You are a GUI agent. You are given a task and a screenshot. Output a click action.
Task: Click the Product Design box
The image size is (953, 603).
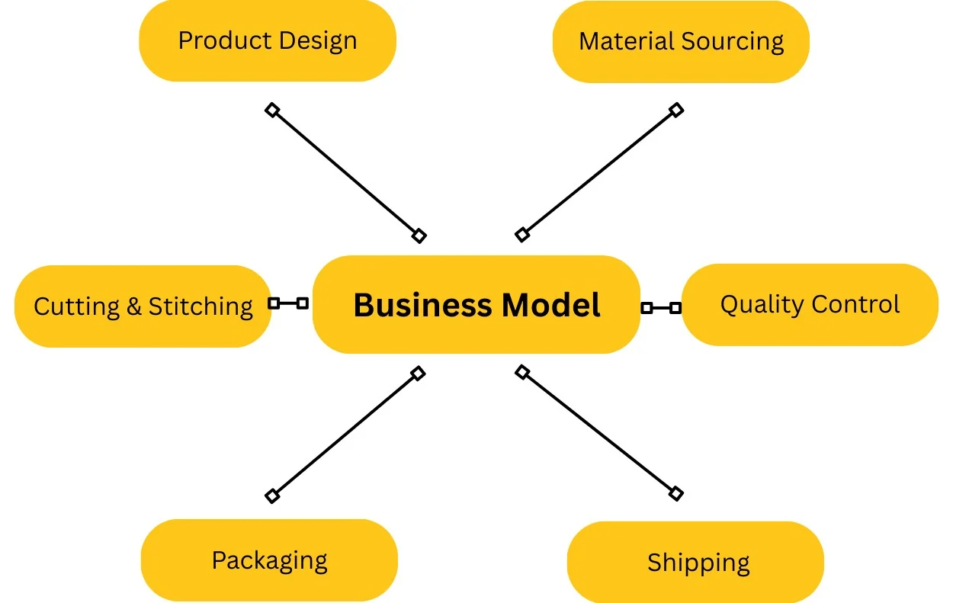point(268,41)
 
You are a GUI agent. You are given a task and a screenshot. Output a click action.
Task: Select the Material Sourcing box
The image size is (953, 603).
point(681,42)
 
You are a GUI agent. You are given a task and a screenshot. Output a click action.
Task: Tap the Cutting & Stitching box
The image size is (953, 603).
point(143,306)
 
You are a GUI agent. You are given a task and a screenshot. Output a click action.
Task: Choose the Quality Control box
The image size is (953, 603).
point(810,305)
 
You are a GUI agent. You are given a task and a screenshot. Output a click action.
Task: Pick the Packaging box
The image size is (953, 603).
point(269,560)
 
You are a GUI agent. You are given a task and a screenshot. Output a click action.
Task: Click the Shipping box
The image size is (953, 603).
point(695,563)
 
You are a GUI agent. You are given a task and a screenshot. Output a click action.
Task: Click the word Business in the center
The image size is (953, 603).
point(422,305)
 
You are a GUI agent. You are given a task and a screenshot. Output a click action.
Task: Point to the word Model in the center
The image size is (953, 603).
point(550,305)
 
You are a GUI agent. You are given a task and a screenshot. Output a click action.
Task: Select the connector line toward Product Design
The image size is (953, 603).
point(345,173)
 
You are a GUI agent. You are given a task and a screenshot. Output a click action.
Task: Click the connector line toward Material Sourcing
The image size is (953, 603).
point(598,172)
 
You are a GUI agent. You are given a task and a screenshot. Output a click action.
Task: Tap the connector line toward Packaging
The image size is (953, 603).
point(345,435)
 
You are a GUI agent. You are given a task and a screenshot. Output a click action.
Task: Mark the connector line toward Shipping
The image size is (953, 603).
point(598,433)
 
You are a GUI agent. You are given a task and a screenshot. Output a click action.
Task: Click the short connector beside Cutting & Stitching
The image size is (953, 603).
point(288,303)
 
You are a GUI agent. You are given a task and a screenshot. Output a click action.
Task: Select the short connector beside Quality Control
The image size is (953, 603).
point(661,308)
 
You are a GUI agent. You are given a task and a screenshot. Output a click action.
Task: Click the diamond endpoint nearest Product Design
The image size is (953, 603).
point(272,110)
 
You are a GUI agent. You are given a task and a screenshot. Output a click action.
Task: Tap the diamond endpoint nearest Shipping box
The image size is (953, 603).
point(675,493)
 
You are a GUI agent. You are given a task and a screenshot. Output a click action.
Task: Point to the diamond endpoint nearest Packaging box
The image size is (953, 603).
point(272,496)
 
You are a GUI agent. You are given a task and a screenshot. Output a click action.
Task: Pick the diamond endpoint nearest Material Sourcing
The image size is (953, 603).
point(675,110)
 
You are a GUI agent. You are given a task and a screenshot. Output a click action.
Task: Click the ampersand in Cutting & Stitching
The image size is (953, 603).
point(134,306)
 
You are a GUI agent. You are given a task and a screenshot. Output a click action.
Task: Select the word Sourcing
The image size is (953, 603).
point(733,42)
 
